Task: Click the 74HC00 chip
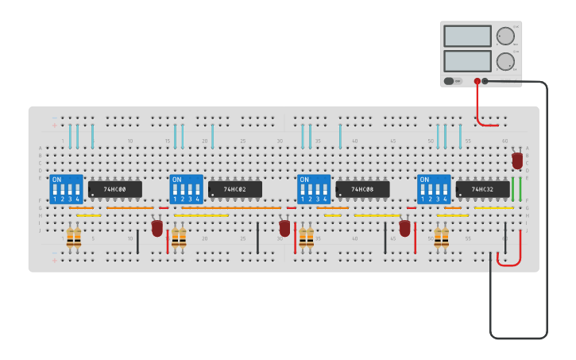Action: [115, 189]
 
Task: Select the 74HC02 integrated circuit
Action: [235, 189]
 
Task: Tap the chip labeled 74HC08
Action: [362, 189]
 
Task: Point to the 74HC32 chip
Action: [483, 189]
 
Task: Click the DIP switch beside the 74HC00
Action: [66, 190]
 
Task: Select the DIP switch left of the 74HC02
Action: [186, 190]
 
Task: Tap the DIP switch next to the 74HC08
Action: [314, 190]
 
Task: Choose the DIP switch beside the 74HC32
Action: [434, 190]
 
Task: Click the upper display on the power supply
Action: [467, 37]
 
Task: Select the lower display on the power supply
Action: [467, 61]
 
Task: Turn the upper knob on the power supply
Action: [504, 36]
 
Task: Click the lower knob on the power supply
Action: [504, 61]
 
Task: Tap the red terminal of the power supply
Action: [477, 81]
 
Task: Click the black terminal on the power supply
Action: [485, 81]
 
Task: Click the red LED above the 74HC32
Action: [517, 160]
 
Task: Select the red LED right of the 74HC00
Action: [157, 228]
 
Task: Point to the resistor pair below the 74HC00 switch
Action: [74, 237]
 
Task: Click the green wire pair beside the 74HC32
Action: [516, 189]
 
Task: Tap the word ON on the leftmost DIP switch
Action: [56, 180]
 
